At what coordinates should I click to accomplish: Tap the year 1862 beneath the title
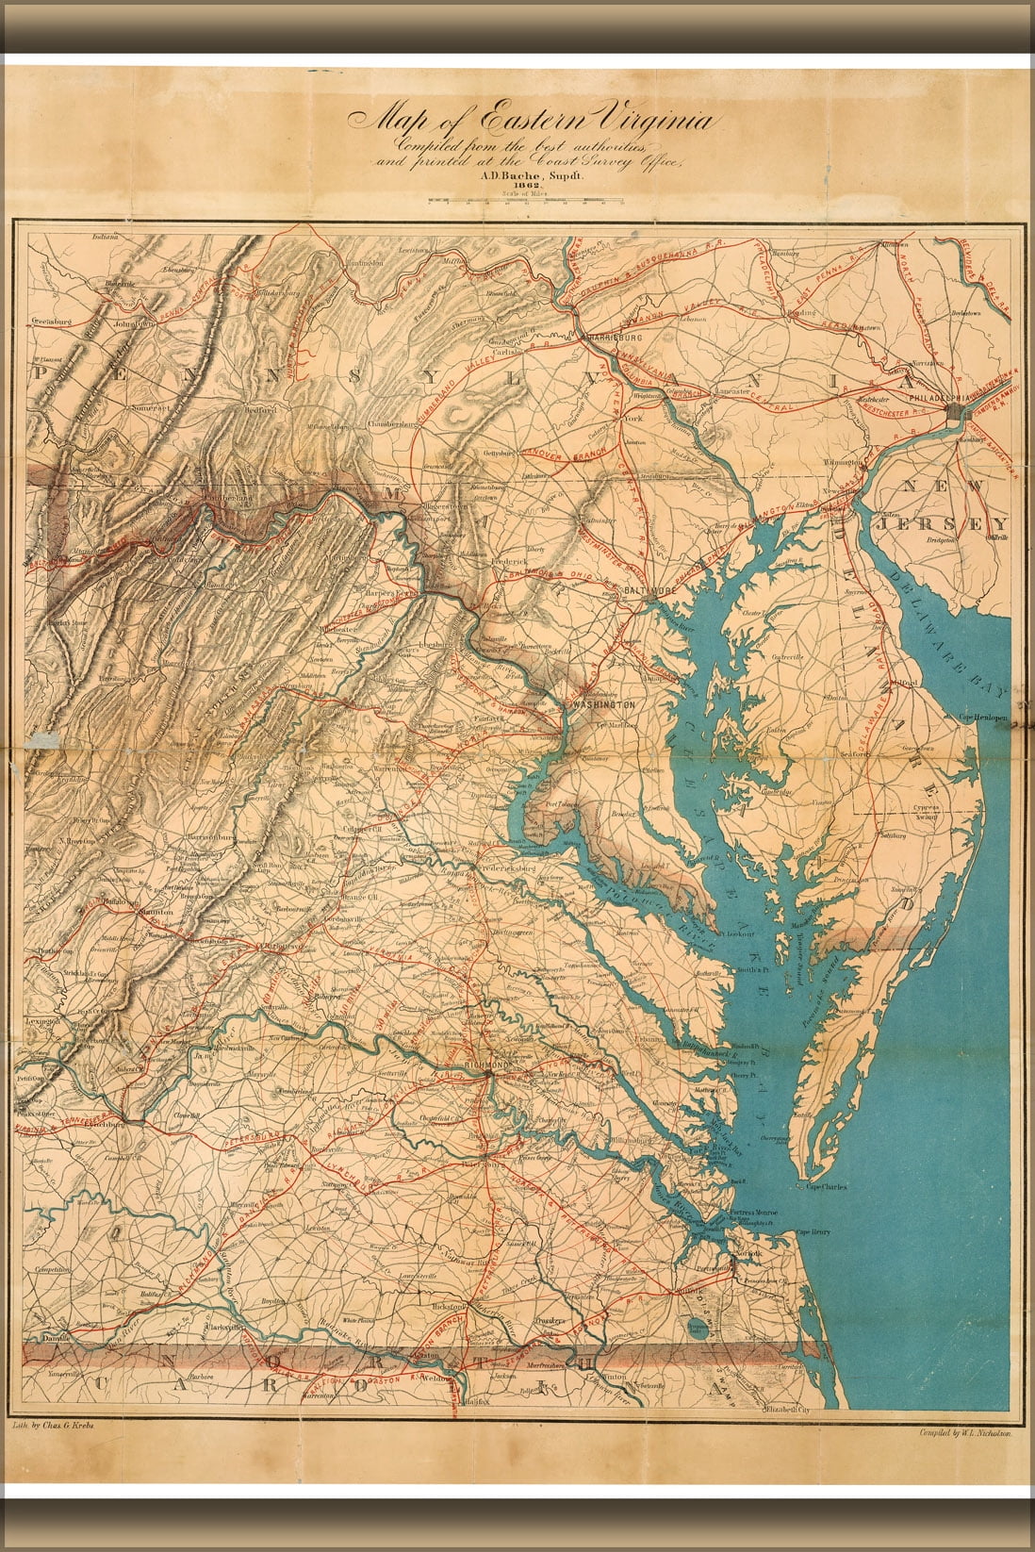pos(521,186)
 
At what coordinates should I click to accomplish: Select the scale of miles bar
pos(520,201)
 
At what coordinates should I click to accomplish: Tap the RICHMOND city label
pos(487,1065)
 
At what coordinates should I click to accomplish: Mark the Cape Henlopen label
pos(984,718)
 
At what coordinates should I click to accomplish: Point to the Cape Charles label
pos(826,1187)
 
